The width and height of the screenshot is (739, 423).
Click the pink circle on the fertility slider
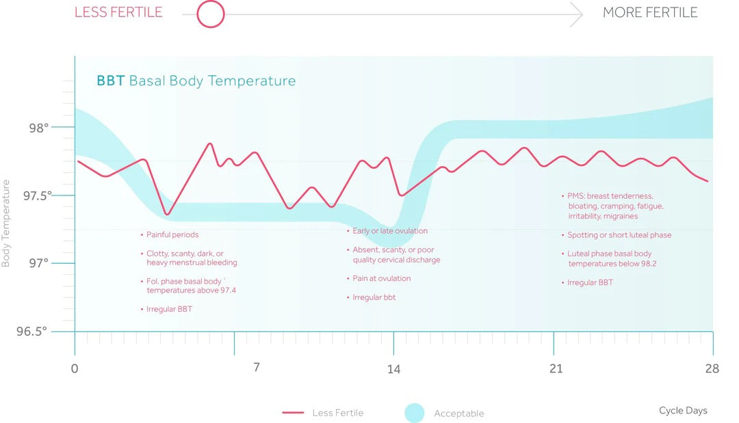point(211,14)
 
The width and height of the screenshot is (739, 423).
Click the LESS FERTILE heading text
point(118,12)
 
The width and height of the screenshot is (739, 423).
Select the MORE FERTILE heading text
point(649,12)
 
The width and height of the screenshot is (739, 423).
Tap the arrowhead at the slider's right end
point(577,14)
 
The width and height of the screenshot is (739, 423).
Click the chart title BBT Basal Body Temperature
point(196,81)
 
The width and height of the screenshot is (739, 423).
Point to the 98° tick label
point(38,128)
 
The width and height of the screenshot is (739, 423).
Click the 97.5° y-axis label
point(37,195)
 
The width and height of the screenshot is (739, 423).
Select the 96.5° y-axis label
point(32,331)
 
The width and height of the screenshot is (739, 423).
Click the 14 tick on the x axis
point(393,369)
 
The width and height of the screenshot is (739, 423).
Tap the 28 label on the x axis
point(712,369)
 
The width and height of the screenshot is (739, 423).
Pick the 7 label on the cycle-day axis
point(256,368)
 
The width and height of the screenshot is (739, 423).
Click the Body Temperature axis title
point(6,223)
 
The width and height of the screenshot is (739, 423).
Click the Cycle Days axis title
point(683,411)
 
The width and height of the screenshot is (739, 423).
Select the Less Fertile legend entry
point(322,413)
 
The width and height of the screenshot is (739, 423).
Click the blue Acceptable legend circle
point(415,413)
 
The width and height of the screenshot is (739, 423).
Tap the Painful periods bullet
point(172,234)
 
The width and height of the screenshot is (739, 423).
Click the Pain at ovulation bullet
point(381,278)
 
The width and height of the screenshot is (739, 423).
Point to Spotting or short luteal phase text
point(619,235)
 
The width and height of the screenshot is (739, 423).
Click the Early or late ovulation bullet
point(389,231)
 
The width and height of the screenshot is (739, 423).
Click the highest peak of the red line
point(210,144)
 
